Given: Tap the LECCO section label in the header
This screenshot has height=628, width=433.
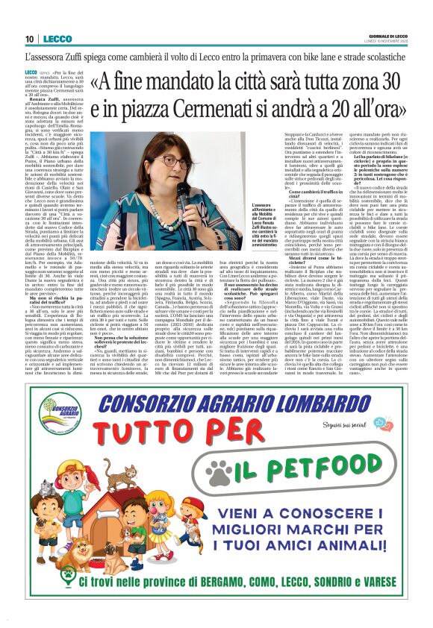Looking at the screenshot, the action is click(x=57, y=39).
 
